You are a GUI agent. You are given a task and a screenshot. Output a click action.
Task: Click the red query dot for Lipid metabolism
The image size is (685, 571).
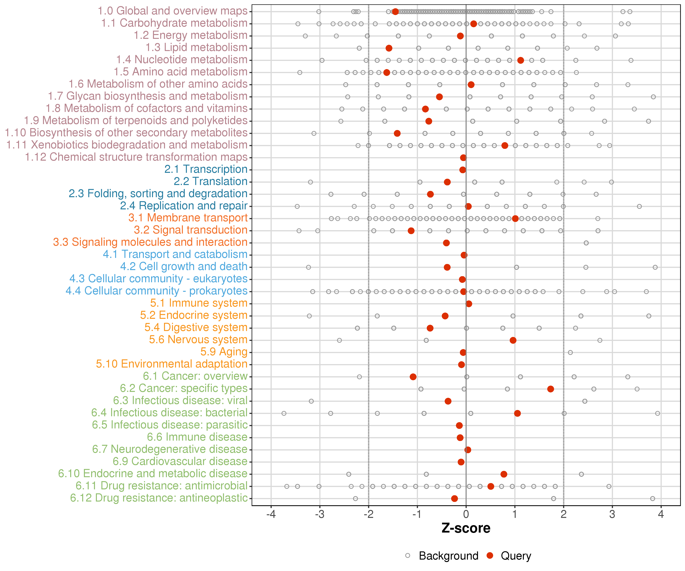pyautogui.click(x=389, y=48)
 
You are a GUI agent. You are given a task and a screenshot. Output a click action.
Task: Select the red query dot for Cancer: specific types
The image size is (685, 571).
pyautogui.click(x=551, y=389)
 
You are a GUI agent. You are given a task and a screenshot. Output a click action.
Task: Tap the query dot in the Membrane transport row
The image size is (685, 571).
pyautogui.click(x=515, y=219)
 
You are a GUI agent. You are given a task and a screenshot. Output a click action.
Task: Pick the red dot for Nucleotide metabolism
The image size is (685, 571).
pyautogui.click(x=521, y=60)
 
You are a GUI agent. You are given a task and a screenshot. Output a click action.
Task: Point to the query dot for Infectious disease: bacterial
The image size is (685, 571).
pyautogui.click(x=517, y=413)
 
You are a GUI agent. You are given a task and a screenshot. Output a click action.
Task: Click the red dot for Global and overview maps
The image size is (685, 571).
pyautogui.click(x=395, y=12)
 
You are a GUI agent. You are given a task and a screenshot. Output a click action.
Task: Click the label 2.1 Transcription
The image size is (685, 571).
pyautogui.click(x=206, y=169)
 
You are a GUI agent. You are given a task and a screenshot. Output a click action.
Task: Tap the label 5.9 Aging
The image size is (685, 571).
pyautogui.click(x=224, y=352)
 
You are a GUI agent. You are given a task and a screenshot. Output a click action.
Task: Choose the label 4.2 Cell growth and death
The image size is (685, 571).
pyautogui.click(x=184, y=267)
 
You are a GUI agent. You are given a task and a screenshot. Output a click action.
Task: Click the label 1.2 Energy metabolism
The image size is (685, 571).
pyautogui.click(x=190, y=35)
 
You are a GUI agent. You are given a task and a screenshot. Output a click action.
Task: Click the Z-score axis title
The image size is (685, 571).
pyautogui.click(x=466, y=528)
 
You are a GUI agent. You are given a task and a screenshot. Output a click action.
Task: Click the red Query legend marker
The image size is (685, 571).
pyautogui.click(x=490, y=556)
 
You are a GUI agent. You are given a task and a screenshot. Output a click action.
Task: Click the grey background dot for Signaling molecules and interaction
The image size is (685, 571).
pyautogui.click(x=586, y=243)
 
